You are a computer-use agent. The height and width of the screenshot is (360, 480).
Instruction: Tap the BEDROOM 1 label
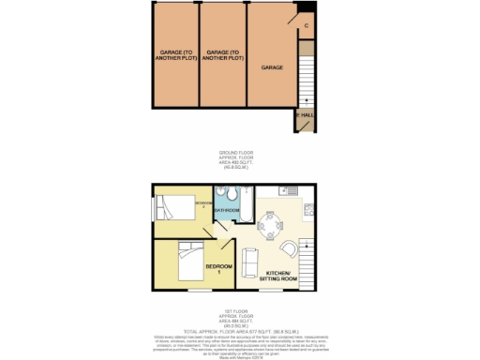click(x=217, y=268)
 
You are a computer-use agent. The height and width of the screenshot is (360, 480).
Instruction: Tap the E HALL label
click(x=305, y=115)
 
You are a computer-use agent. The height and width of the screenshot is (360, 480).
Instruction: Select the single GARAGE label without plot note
click(x=272, y=68)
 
